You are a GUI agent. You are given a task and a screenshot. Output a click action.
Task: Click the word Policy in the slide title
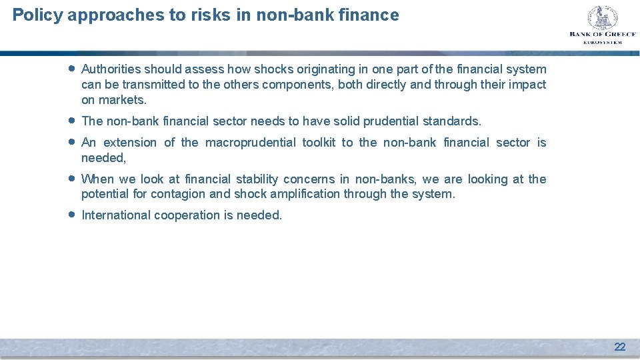(x=37, y=15)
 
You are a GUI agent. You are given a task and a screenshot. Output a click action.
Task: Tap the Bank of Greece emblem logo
(x=602, y=18)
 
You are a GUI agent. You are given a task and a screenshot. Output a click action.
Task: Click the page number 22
(x=619, y=347)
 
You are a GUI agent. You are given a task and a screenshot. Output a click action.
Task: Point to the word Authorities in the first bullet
(x=111, y=69)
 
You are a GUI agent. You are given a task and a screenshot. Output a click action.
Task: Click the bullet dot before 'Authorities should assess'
(x=71, y=69)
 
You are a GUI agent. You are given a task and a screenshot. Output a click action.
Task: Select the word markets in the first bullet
(x=123, y=100)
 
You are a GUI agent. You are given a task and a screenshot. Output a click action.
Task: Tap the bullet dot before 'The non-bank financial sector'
(x=71, y=121)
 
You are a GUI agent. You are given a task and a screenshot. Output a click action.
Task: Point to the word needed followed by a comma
(x=103, y=158)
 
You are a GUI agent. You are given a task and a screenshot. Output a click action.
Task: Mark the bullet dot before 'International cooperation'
(x=71, y=215)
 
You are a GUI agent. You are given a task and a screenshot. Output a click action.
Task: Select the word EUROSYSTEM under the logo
(x=602, y=42)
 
